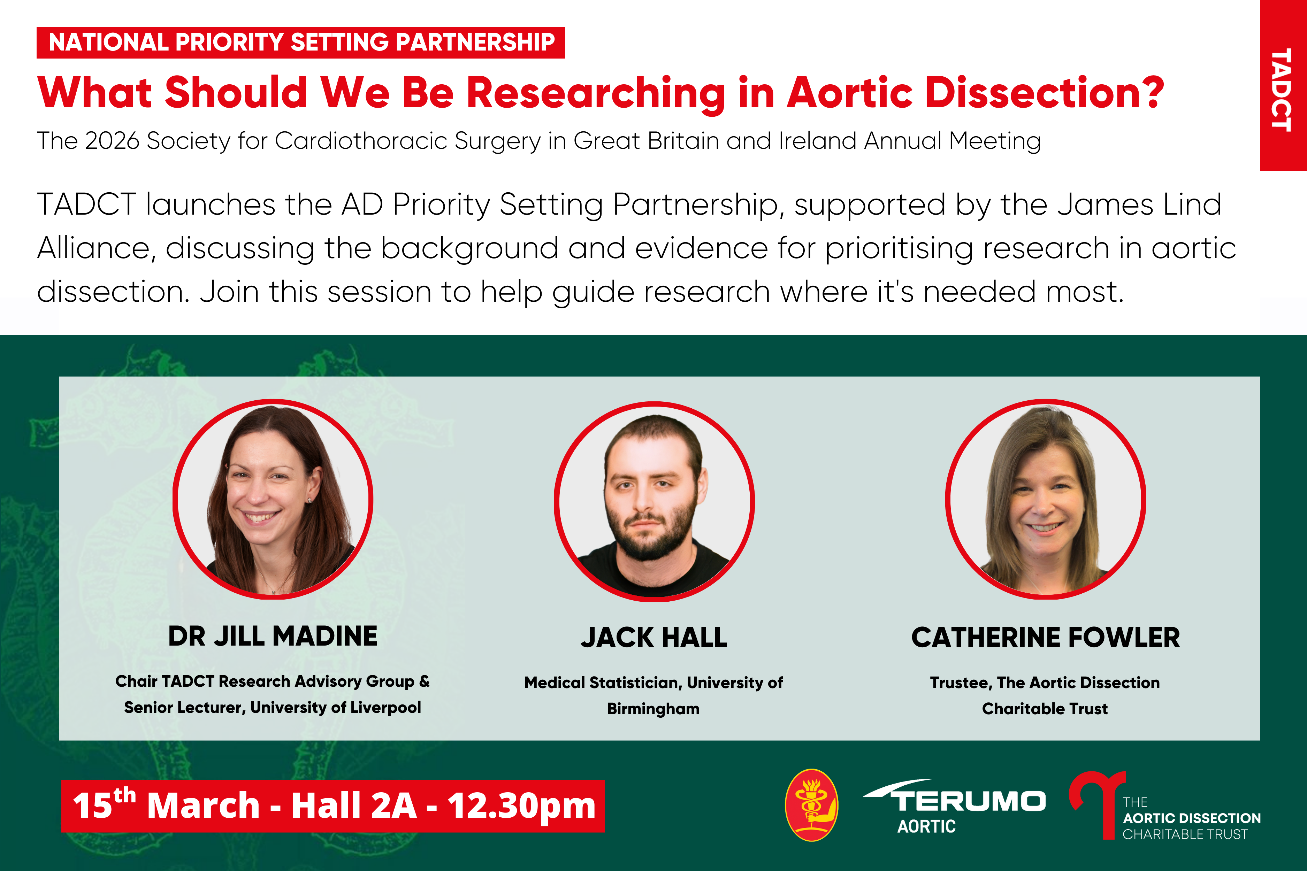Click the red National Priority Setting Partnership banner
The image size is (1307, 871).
pos(301,42)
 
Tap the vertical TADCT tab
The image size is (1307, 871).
pos(1283,86)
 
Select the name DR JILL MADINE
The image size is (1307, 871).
pos(273,636)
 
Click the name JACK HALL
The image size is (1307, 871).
pos(654,637)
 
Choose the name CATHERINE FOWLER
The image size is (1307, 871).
pos(1045,637)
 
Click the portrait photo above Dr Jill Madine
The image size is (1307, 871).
pos(273,499)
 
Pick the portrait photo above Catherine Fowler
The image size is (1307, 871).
pos(1045,499)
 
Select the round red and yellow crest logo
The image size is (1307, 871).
pos(812,805)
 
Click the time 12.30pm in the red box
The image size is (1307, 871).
pos(522,806)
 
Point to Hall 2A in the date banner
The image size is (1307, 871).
pos(354,806)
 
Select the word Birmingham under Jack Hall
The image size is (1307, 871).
pos(653,709)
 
